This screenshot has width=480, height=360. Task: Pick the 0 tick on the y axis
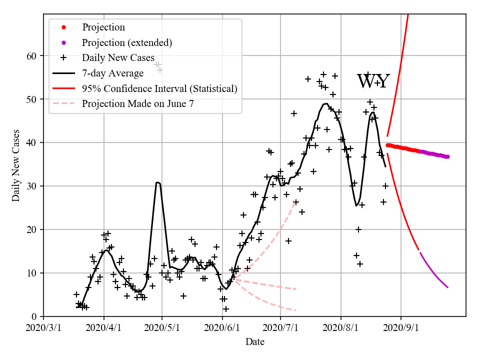point(34,316)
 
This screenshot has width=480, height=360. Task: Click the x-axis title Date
point(254,342)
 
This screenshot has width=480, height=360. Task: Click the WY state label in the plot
point(373,81)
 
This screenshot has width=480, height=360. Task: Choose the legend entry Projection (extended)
point(127,42)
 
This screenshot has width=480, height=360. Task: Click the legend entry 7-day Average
point(113,73)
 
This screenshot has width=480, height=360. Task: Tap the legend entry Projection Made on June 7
point(138,104)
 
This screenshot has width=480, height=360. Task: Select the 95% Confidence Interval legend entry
point(159,89)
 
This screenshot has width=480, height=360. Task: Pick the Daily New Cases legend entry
point(118,58)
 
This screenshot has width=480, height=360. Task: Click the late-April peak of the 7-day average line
point(157,182)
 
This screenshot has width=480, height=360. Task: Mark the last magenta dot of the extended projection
point(447,156)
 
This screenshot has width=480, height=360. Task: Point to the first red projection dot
point(387,145)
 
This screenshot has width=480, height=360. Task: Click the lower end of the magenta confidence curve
point(448,287)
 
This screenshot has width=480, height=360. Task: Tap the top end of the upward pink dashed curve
point(296,201)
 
